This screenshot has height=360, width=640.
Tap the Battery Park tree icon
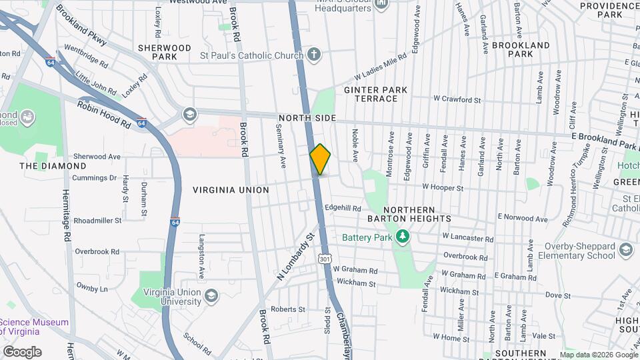point(402,237)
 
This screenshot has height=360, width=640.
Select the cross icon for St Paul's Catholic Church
point(313,55)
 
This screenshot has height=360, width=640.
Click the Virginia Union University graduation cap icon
point(211,295)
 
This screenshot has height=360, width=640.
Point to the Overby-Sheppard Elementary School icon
point(625,250)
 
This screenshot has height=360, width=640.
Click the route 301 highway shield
point(324,258)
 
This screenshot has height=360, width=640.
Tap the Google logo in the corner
point(21,352)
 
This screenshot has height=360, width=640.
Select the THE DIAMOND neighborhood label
point(53,166)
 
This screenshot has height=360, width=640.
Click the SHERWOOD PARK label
point(164,52)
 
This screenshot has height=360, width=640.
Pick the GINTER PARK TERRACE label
point(371,94)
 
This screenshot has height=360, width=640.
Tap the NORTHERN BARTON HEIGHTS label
point(409,214)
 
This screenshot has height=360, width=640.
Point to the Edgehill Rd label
point(343,208)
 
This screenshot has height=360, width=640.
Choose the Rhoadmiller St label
point(97,220)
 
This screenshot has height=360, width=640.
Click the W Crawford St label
point(457,100)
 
